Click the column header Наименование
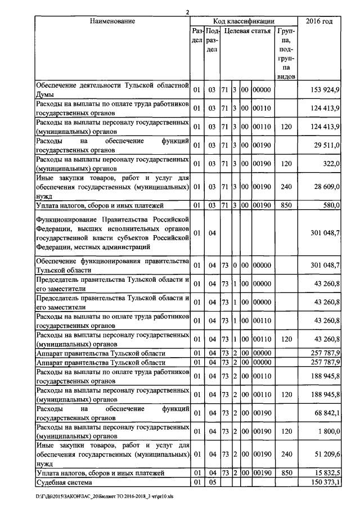click(112, 21)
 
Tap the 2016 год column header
click(319, 21)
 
